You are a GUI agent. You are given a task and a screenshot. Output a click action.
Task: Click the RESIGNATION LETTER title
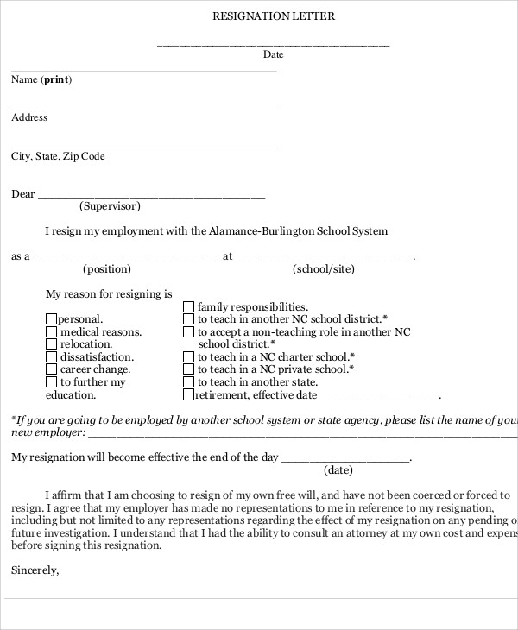click(x=273, y=16)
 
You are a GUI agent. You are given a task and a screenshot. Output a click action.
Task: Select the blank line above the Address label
click(x=143, y=109)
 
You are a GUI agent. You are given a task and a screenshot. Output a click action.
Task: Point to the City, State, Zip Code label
click(x=58, y=157)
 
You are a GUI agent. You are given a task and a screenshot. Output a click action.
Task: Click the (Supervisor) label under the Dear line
click(x=110, y=206)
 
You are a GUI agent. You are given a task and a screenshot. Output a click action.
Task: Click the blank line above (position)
click(x=128, y=258)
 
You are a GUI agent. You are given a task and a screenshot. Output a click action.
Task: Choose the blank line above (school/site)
click(x=324, y=258)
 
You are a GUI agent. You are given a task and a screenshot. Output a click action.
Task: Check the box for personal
click(x=51, y=319)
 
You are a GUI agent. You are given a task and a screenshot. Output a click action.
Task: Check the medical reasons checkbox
click(x=51, y=331)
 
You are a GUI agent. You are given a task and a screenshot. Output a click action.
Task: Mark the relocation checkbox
click(x=51, y=344)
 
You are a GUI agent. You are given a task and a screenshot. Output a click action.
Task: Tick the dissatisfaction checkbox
click(x=51, y=357)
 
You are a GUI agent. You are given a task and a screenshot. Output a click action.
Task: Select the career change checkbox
click(x=51, y=369)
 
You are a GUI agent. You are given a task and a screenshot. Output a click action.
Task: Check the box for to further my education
click(x=51, y=382)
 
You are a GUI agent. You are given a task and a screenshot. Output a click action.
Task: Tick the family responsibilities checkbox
click(x=188, y=306)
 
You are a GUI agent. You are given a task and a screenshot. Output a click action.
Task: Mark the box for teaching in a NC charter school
click(x=188, y=356)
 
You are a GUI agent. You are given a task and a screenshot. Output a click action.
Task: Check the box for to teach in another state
click(x=188, y=382)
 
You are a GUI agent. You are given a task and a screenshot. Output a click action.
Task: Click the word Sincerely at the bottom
click(x=35, y=570)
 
